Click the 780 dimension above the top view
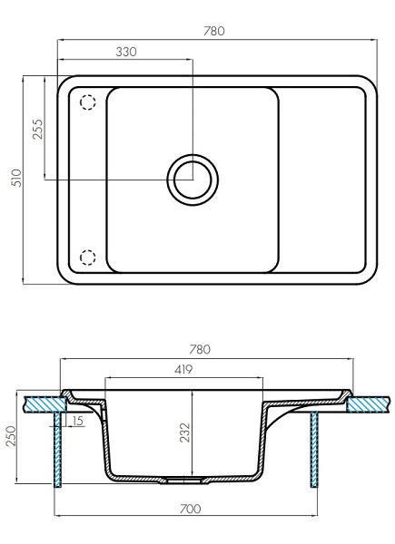[x=214, y=31]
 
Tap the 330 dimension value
[x=126, y=52]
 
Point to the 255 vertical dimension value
[x=37, y=129]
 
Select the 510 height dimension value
[x=16, y=178]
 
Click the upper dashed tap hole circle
[x=88, y=102]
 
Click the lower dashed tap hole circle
[x=88, y=257]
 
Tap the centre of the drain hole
[x=193, y=180]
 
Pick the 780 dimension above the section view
[x=200, y=349]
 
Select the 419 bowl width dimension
[x=183, y=370]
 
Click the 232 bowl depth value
[x=185, y=432]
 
